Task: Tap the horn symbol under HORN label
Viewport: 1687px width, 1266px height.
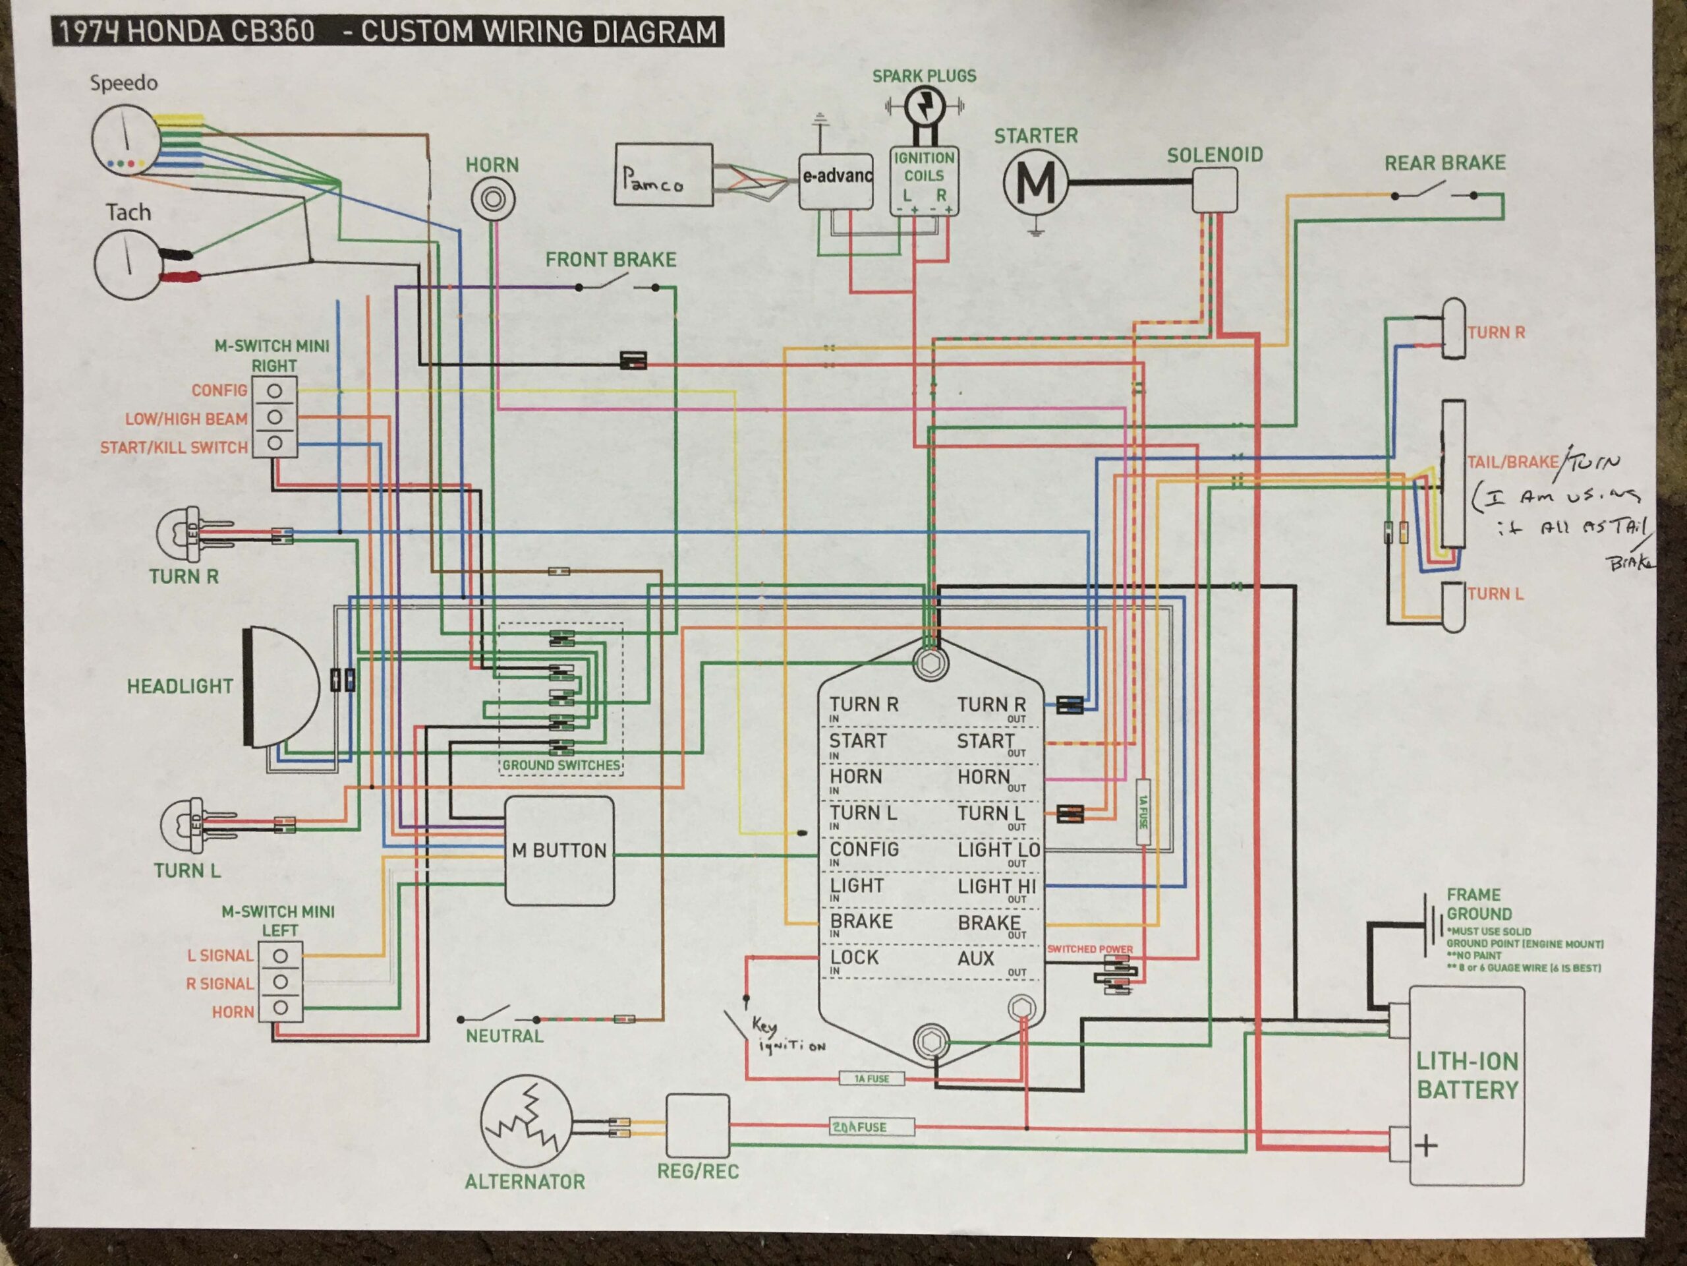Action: [x=492, y=200]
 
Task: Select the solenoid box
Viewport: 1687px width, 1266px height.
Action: [x=1214, y=189]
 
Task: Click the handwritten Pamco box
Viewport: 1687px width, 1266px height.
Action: [x=664, y=175]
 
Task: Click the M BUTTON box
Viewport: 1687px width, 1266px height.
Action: [x=559, y=851]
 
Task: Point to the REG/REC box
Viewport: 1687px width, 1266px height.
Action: [x=697, y=1126]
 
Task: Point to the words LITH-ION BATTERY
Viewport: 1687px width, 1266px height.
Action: [x=1467, y=1076]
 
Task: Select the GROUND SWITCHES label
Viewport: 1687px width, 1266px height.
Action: [x=561, y=766]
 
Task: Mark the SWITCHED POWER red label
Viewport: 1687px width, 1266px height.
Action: [x=1089, y=950]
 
